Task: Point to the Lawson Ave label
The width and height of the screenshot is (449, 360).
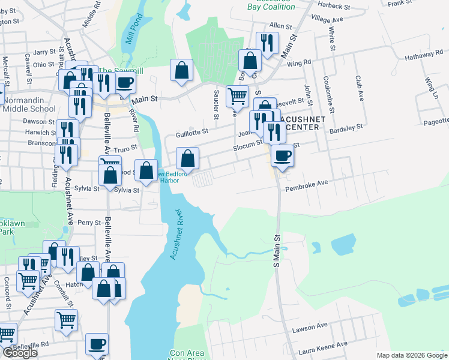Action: tap(309, 326)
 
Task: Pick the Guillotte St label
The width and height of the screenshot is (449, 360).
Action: tap(191, 132)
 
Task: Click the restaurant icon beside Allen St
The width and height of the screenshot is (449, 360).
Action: tap(266, 42)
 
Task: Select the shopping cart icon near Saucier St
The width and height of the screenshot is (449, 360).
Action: tap(238, 95)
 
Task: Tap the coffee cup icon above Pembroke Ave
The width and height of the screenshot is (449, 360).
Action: tap(282, 155)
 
